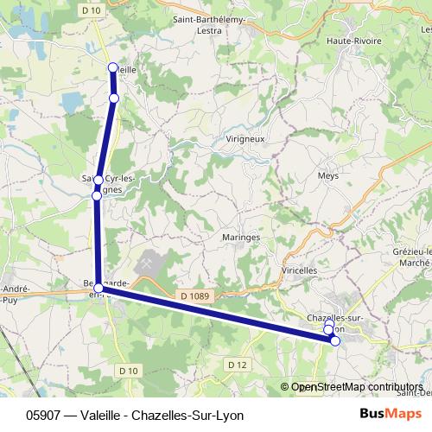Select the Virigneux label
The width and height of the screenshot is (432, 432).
245,138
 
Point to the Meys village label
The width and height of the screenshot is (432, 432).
328,175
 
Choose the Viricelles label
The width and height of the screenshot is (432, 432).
301,270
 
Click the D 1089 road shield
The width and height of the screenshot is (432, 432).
195,295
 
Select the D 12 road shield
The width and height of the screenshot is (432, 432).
238,365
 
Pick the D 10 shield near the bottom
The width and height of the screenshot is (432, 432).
129,371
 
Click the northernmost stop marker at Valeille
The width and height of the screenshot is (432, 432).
111,67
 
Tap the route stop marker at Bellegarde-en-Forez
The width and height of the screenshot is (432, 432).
99,288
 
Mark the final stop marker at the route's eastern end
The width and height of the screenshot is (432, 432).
335,340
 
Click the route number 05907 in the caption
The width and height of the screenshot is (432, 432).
43,415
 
